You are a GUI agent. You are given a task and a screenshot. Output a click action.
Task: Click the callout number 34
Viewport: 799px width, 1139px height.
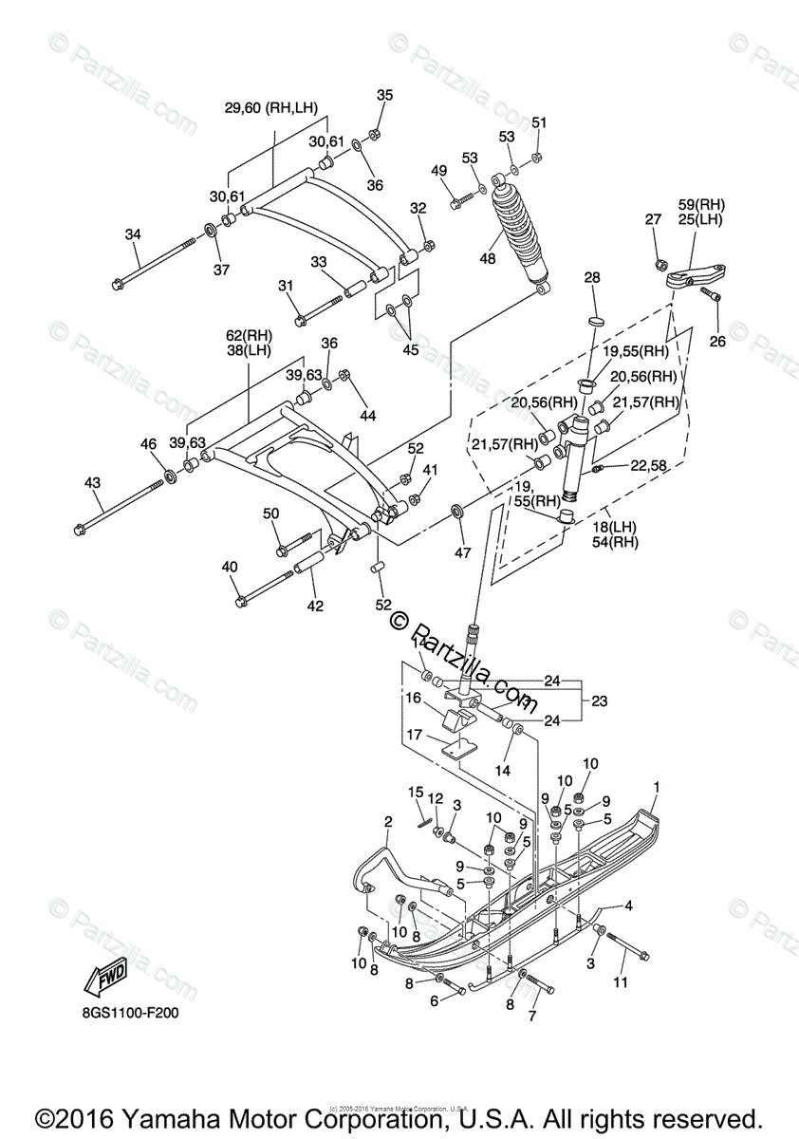[133, 234]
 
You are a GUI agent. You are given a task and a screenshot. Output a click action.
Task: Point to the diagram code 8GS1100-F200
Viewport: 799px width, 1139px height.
[129, 1013]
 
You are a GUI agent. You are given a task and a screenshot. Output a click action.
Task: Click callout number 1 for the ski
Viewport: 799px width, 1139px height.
[655, 786]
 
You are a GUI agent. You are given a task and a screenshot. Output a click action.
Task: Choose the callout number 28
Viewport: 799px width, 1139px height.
[592, 278]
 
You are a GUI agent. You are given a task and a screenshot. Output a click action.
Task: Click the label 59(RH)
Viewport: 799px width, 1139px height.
[701, 203]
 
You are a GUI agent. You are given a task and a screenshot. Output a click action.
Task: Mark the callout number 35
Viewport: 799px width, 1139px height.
[384, 95]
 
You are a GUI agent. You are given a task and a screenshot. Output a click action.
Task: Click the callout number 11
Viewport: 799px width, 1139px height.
[620, 982]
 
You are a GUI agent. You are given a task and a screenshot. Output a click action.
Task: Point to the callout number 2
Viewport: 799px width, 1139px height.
[388, 821]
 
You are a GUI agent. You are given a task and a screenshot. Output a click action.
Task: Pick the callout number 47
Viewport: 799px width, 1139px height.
[462, 551]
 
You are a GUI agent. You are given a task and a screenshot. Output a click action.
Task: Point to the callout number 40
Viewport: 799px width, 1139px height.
[230, 567]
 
